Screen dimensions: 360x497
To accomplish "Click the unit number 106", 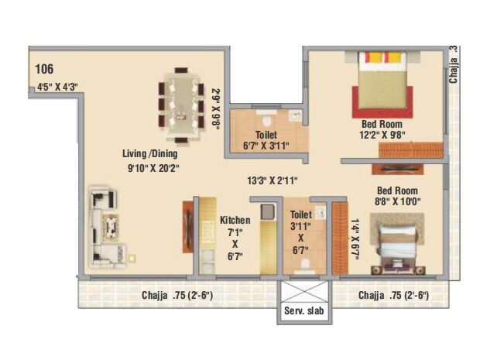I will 44,70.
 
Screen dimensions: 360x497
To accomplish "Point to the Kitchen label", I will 235,219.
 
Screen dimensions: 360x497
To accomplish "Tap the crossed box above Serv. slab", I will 303,292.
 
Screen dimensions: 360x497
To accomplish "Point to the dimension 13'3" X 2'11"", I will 272,180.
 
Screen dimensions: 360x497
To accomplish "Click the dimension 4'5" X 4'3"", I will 57,87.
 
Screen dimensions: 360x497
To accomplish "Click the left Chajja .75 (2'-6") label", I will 177,295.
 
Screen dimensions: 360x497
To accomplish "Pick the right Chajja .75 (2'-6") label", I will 393,295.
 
